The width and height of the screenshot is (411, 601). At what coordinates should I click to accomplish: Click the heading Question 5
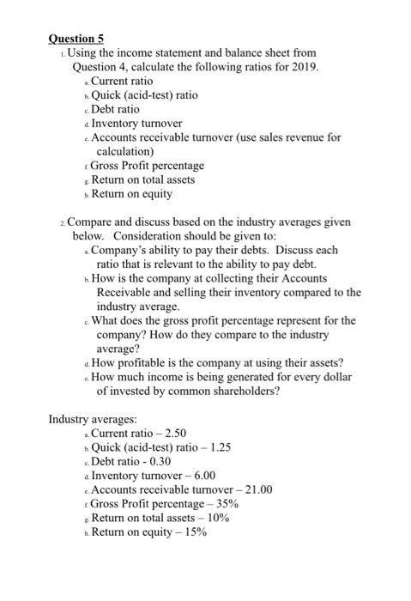[76, 38]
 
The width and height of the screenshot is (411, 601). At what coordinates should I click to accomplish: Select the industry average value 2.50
[172, 433]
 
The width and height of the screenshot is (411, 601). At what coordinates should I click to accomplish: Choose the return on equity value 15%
[194, 531]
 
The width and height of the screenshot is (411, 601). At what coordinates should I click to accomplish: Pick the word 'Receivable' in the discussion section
[125, 292]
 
